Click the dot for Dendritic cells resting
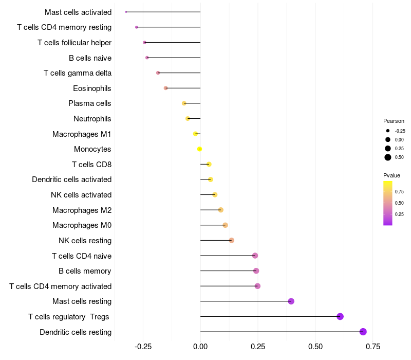[363, 332]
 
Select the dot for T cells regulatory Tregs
[340, 316]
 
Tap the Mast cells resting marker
[291, 301]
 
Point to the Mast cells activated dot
[126, 12]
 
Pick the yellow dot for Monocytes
[200, 149]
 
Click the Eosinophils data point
[165, 88]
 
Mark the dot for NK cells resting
[231, 240]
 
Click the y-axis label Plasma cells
[90, 103]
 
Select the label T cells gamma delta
[78, 73]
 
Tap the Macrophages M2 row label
[82, 210]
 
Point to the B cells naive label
[90, 58]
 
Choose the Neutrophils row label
[92, 119]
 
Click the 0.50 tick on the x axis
[315, 347]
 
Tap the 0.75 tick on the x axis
[373, 347]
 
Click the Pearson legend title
[394, 121]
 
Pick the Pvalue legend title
[391, 175]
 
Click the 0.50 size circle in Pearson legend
[388, 157]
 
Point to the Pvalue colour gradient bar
[388, 203]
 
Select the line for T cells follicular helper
[172, 42]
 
